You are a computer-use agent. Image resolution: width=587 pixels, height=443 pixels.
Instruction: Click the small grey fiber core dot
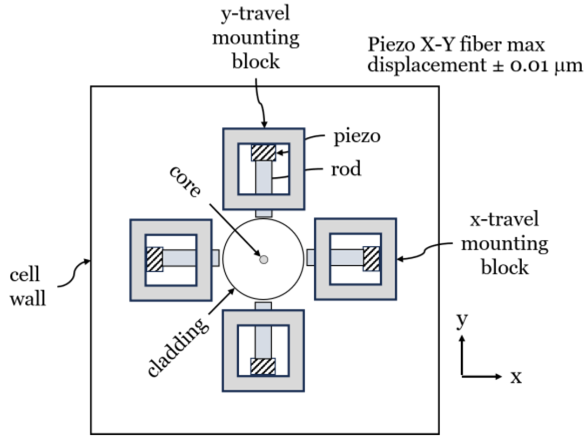coord(263,259)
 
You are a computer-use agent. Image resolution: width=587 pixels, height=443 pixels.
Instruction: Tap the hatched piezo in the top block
coord(263,153)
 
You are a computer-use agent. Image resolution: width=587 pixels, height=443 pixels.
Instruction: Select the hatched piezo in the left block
coord(155,259)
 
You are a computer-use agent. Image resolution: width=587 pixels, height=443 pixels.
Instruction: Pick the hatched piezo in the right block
coord(371,258)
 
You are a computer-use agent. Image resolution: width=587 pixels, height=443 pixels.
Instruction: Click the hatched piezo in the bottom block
coord(263,366)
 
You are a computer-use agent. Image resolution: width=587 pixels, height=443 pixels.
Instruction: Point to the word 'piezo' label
coord(357,136)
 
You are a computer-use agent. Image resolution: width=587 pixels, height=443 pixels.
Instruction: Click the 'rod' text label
coord(346,169)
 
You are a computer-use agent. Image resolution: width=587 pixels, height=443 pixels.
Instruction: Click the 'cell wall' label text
coord(27,286)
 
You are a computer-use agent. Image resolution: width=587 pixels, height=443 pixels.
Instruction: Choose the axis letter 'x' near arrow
coord(516,377)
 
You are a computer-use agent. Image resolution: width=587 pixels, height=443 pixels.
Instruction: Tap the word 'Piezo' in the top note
coord(391,44)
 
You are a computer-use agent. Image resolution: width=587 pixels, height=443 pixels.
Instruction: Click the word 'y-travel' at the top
coord(255,14)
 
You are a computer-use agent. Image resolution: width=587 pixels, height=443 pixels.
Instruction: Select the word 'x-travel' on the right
coord(504,220)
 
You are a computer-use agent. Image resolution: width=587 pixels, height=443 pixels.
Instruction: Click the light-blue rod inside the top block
coord(264,177)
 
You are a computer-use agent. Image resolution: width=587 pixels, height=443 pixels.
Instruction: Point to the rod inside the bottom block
coord(263,342)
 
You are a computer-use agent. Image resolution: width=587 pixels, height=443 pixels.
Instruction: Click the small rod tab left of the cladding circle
coord(215,258)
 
